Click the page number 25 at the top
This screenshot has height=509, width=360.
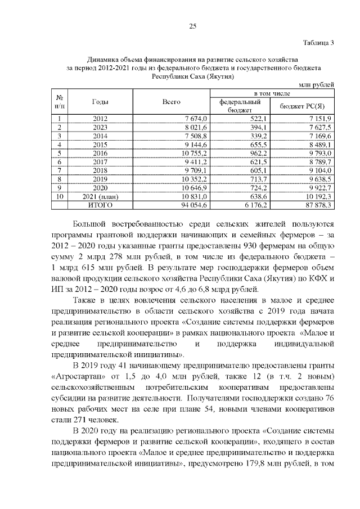pos(192,25)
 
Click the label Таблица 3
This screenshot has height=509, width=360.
pos(318,43)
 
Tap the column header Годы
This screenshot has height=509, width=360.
pos(100,102)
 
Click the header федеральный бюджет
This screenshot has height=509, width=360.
pos(243,106)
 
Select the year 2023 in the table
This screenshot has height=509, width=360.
pos(100,127)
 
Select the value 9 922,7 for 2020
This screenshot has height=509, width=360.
pos(322,188)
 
